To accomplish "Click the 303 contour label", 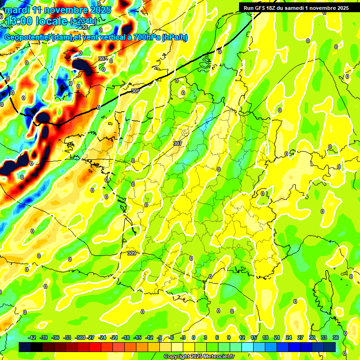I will pyautogui.click(x=103, y=59).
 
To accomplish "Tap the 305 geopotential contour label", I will pyautogui.click(x=135, y=91).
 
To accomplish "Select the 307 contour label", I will pyautogui.click(x=178, y=143).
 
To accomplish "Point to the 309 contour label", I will pyautogui.click(x=132, y=253).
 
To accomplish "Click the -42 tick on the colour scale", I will pyautogui.click(x=32, y=337).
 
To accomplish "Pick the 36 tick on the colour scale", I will pyautogui.click(x=335, y=337).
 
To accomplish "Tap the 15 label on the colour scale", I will pyautogui.click(x=254, y=337).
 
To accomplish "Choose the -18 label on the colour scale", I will pyautogui.click(x=126, y=337).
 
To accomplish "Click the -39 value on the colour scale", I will pyautogui.click(x=44, y=337).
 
